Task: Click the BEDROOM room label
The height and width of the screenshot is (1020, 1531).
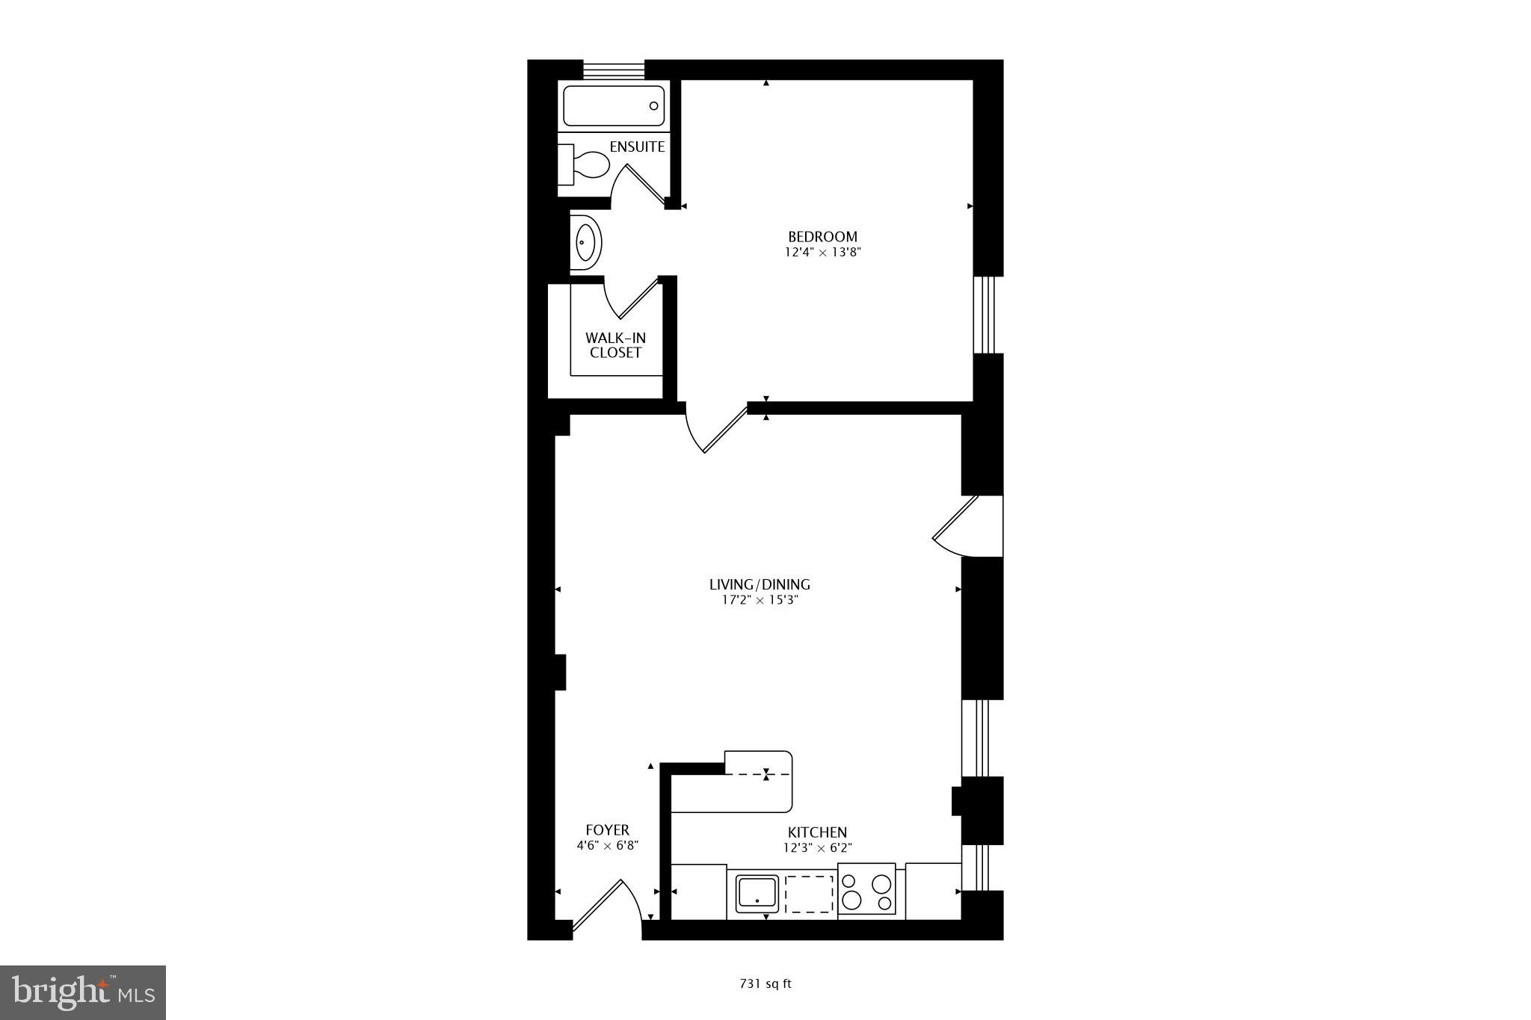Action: coord(822,237)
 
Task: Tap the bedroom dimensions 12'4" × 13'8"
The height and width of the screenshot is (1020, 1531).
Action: coord(822,253)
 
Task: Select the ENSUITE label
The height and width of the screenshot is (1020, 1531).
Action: coord(637,146)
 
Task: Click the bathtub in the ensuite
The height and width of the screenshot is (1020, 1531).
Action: coord(613,106)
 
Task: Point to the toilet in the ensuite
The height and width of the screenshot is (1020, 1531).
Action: coord(585,164)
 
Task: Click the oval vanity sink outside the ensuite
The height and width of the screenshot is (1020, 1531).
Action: coord(586,242)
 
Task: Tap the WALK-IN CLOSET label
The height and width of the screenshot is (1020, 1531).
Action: coord(615,345)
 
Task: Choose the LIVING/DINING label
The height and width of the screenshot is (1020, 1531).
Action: coord(760,584)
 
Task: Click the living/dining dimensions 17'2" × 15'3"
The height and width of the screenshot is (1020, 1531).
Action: coord(760,600)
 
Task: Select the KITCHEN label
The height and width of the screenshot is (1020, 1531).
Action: coord(817,832)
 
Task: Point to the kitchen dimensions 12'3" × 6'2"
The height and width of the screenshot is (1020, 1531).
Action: coord(817,848)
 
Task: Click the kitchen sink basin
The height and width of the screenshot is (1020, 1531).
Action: coord(757,893)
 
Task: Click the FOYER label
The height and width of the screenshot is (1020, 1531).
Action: coord(607,830)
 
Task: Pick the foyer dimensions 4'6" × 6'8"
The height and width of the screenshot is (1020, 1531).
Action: coord(607,846)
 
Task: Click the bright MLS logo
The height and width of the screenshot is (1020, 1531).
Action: coord(83,992)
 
